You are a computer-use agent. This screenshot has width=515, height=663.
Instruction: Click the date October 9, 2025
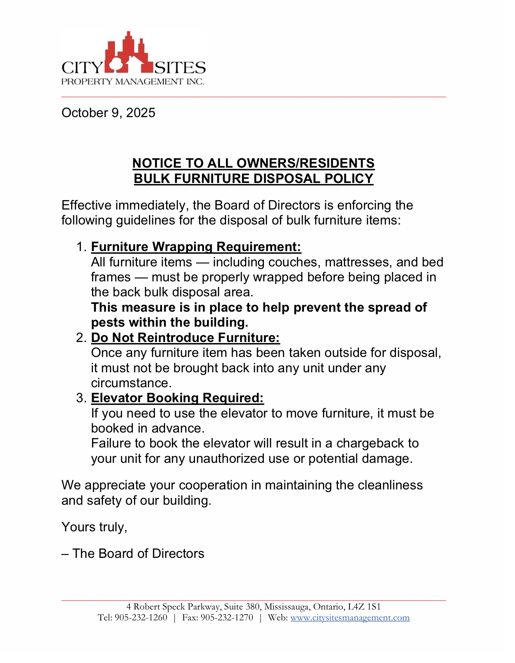pos(108,113)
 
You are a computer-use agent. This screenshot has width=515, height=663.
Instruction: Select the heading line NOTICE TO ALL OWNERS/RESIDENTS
pos(253,163)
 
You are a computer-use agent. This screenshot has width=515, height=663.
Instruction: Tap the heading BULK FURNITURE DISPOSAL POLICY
pos(253,178)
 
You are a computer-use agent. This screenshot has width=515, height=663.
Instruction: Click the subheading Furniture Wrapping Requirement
pos(196,247)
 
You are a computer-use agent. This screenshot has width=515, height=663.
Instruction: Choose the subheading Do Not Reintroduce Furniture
pos(185,337)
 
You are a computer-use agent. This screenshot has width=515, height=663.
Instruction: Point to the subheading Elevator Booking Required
pos(177,398)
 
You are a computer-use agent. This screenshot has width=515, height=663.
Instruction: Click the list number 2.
pos(81,337)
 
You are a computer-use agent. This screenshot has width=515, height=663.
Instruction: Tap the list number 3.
pos(81,398)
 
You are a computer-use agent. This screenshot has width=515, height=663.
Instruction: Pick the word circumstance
pos(131,383)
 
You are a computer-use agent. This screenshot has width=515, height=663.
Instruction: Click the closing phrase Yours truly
pos(94,527)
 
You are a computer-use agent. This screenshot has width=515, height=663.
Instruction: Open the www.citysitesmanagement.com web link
pos(350,617)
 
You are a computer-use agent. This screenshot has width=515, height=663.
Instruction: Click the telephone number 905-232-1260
pos(141,617)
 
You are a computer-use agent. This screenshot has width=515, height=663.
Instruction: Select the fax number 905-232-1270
pos(227,617)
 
